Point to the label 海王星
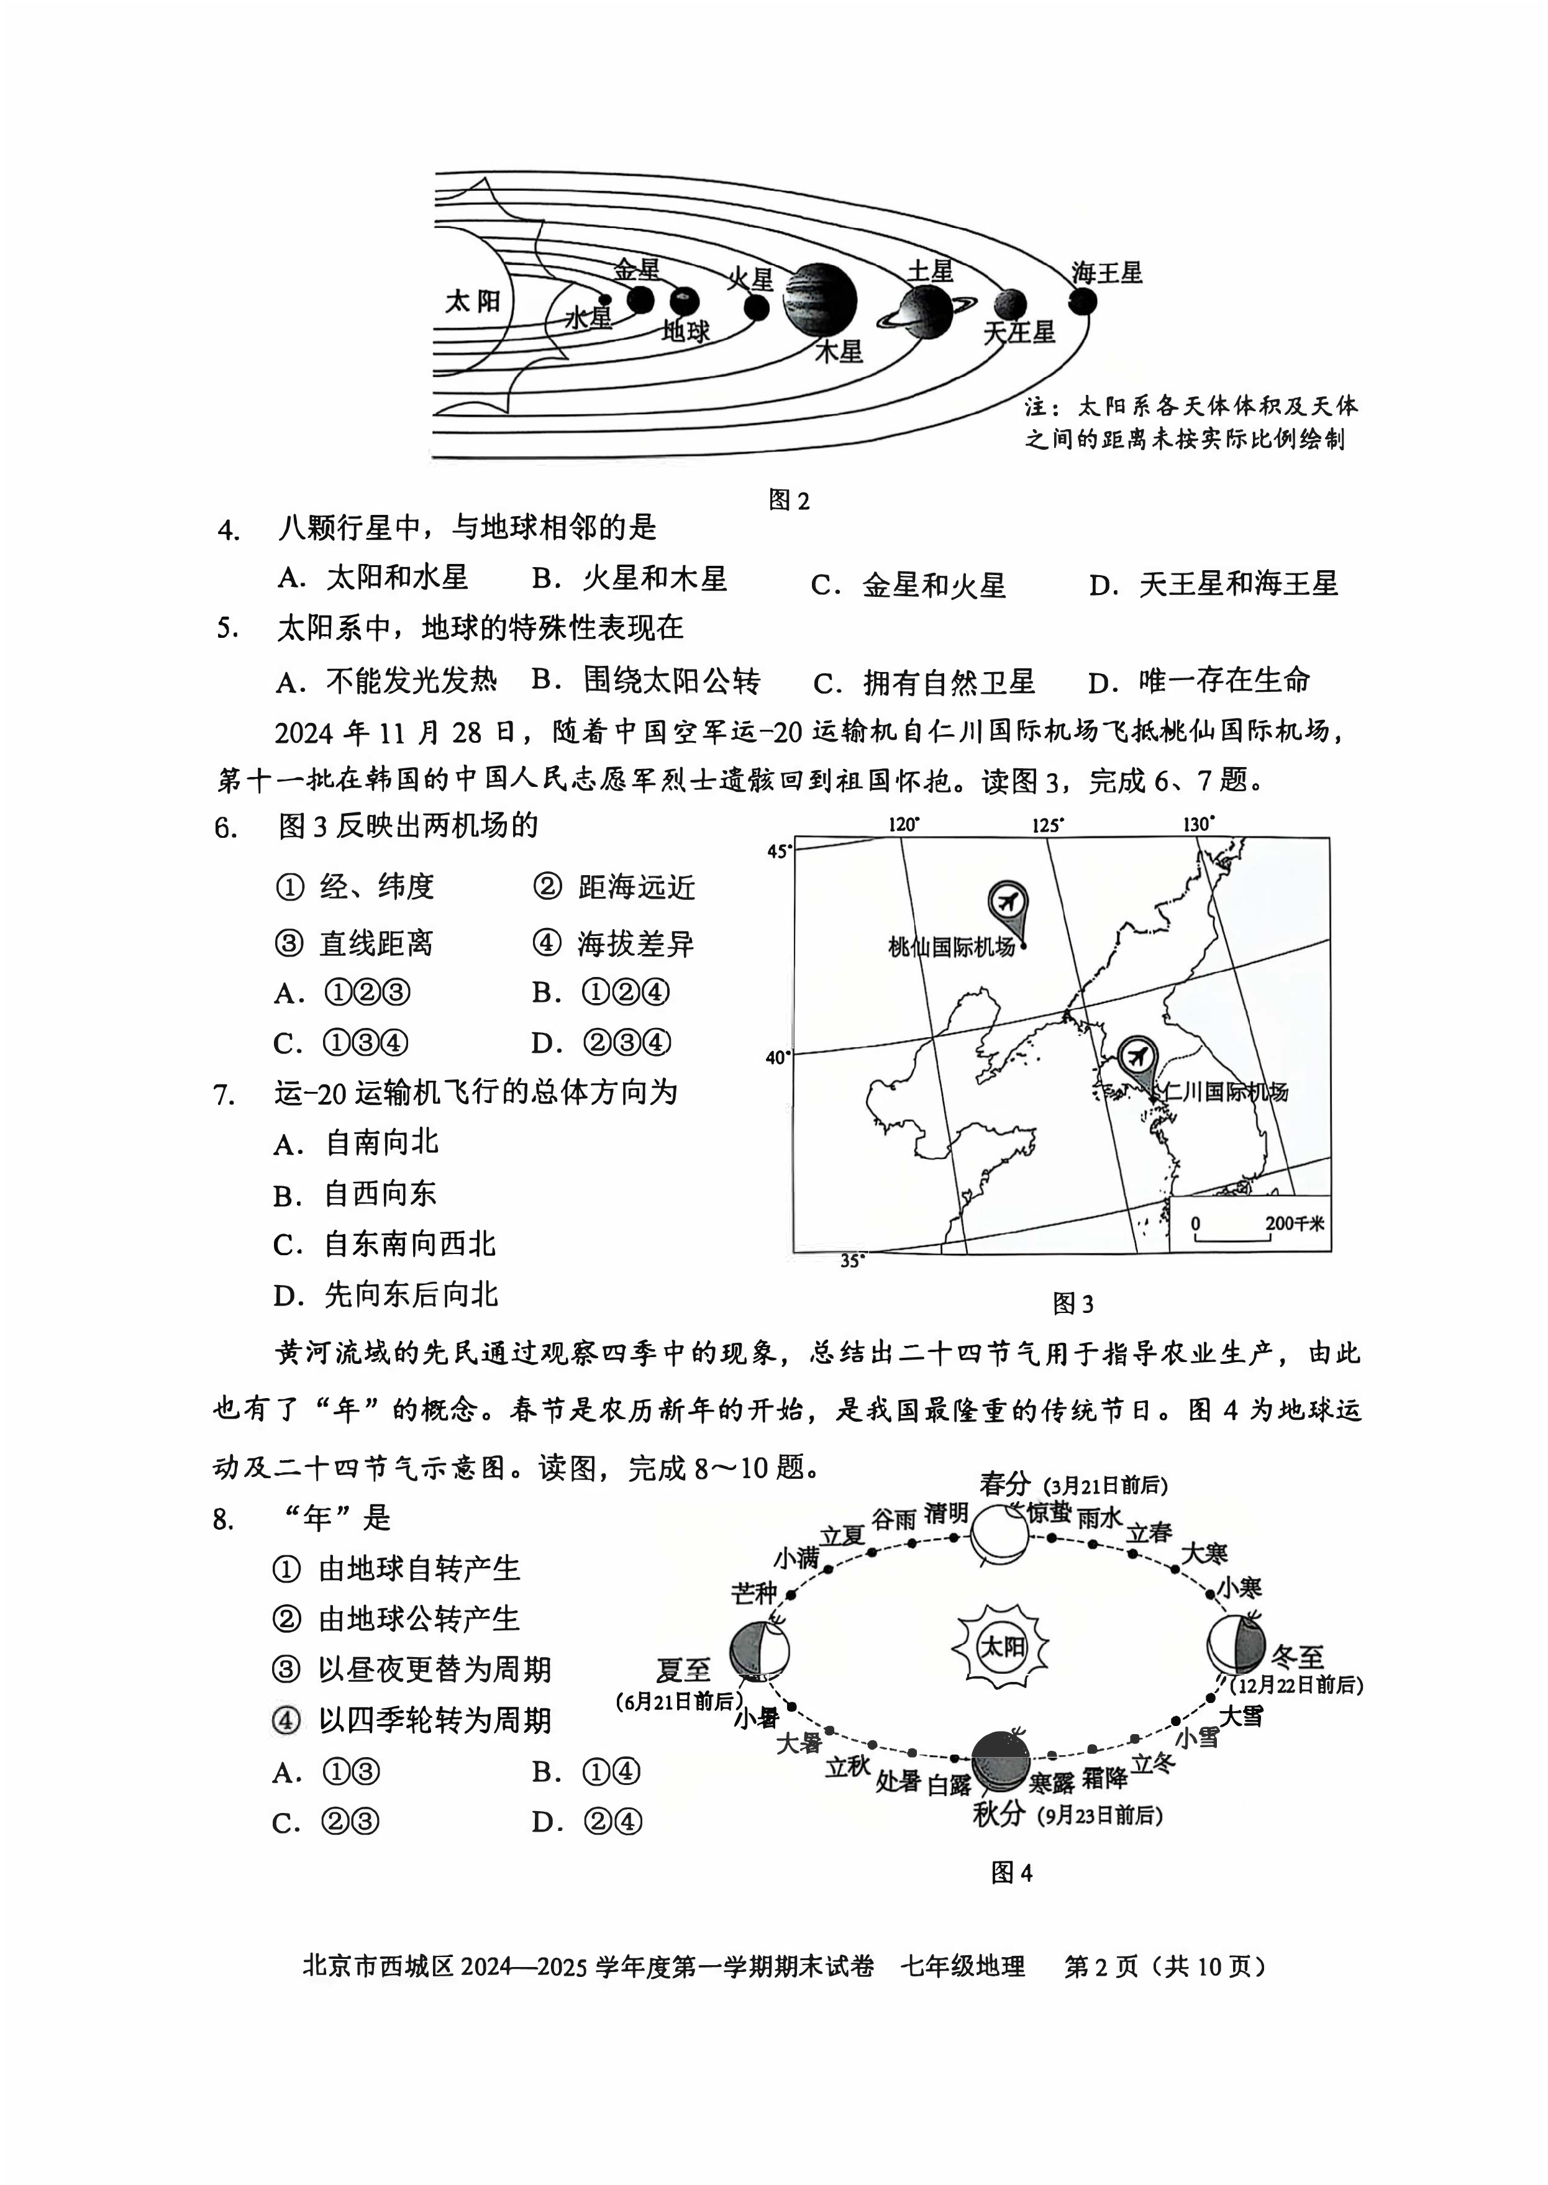coord(1106,273)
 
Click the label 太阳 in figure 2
coord(473,301)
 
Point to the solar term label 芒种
coord(754,1593)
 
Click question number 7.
coord(224,1095)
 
